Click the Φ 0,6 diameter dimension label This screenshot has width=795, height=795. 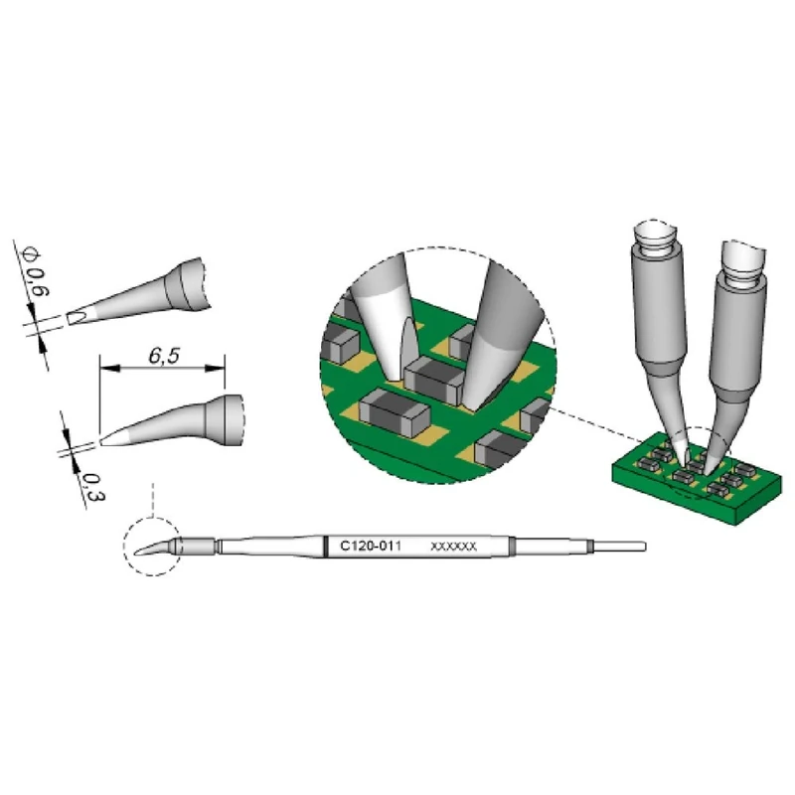37,272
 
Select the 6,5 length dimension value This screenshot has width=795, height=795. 164,356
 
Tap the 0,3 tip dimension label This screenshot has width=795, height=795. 92,487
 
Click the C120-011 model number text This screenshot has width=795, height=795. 370,546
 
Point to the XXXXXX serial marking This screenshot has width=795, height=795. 453,546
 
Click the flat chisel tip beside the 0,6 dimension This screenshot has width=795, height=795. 77,318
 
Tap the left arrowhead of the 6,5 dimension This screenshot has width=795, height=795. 109,368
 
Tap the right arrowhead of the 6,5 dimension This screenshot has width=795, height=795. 215,368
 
